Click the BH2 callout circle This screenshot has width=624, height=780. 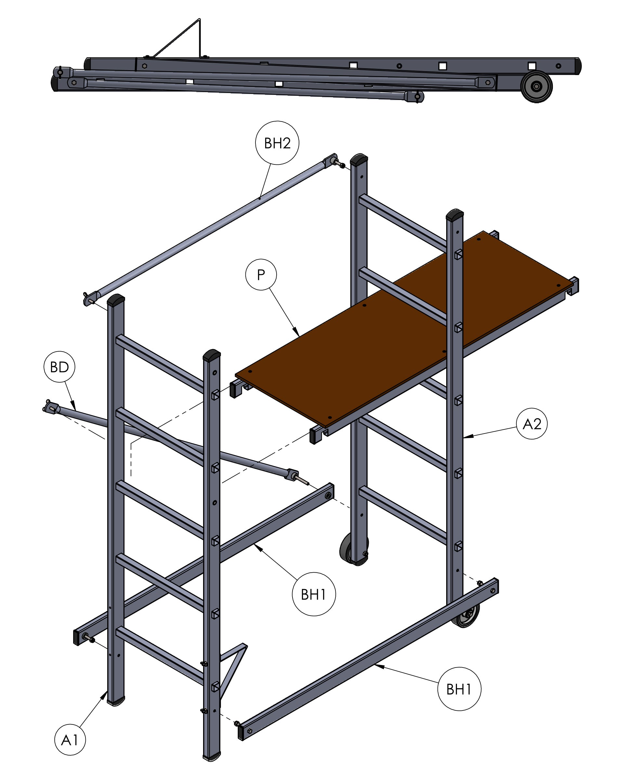point(277,143)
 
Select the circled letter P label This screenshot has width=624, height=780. point(261,275)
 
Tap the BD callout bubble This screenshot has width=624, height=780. point(59,367)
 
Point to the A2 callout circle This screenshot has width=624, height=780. point(532,424)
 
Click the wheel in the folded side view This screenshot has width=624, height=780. point(537,86)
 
